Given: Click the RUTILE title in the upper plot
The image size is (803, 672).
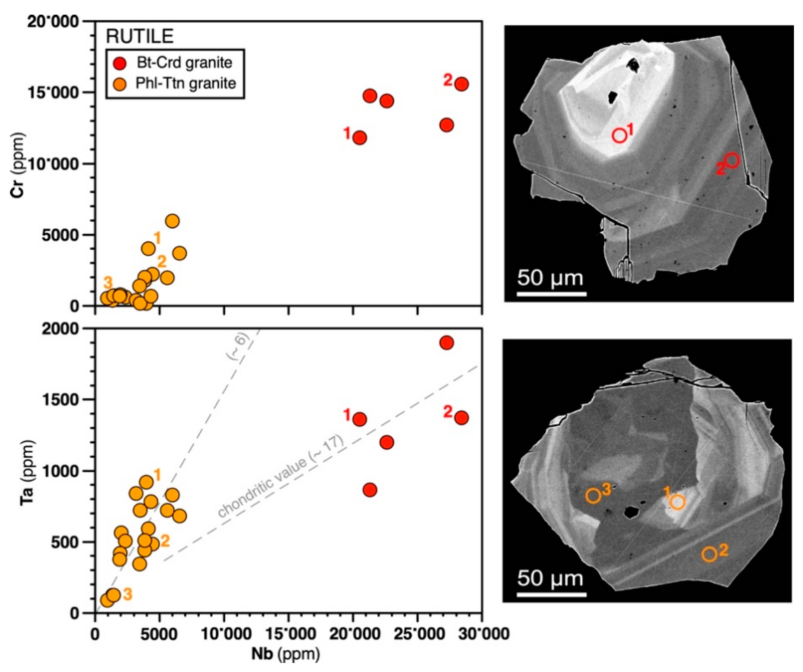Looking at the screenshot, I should pyautogui.click(x=140, y=37).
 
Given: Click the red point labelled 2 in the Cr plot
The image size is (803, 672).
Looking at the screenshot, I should pyautogui.click(x=461, y=84).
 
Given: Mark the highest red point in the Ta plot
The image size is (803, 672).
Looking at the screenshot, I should pyautogui.click(x=446, y=343).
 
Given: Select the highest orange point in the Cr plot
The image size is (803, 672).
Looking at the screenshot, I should pyautogui.click(x=172, y=221).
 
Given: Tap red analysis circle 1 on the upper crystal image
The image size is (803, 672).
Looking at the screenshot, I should pyautogui.click(x=620, y=135).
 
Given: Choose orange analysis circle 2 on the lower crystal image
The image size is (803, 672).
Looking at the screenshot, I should pyautogui.click(x=709, y=554).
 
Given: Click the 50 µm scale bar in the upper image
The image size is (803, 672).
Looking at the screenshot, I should pyautogui.click(x=551, y=294).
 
